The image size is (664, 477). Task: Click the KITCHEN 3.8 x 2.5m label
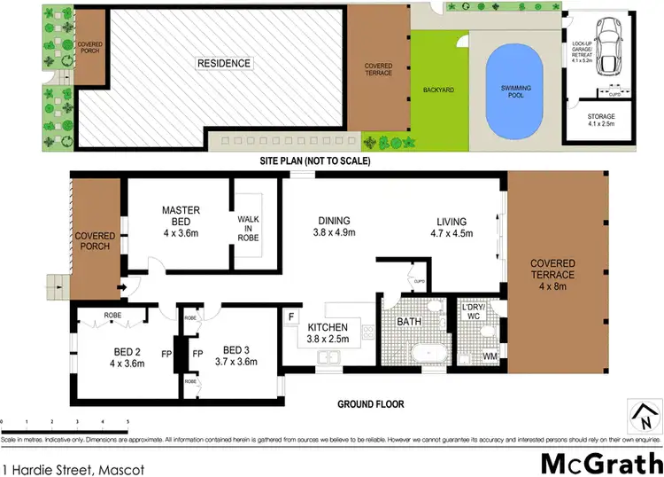tap(328, 332)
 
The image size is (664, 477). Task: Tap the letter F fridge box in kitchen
tap(291, 314)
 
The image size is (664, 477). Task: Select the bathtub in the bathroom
tap(432, 352)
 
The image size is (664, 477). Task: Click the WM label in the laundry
tap(490, 357)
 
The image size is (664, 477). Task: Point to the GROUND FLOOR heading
tap(370, 404)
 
